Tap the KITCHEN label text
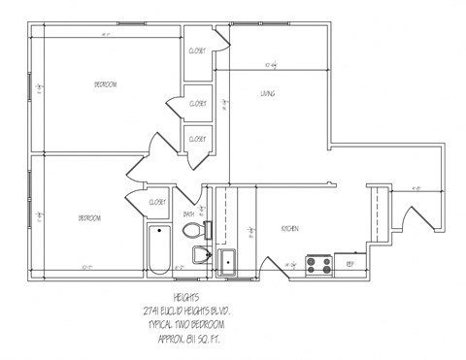(x=289, y=228)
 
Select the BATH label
(x=188, y=214)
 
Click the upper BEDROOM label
(x=105, y=85)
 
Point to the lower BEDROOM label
(x=89, y=218)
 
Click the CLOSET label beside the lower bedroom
(x=156, y=202)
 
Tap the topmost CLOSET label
(x=196, y=50)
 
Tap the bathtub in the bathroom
(x=157, y=250)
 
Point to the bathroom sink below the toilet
(x=202, y=255)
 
